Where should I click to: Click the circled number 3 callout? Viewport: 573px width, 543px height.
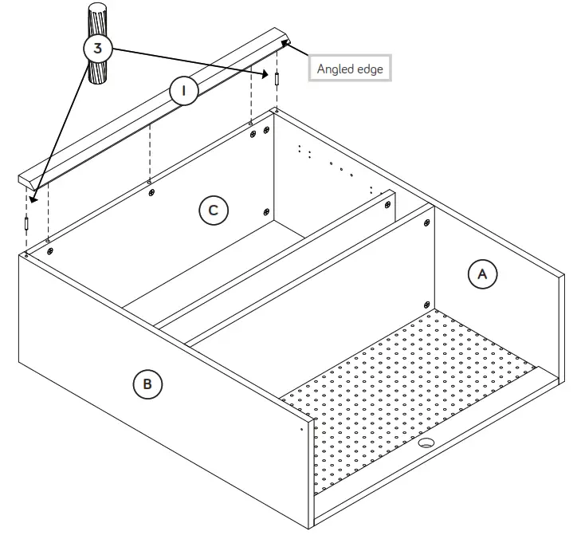98,49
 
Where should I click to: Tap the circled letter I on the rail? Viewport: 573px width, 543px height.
184,91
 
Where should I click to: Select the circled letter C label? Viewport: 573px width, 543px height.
213,211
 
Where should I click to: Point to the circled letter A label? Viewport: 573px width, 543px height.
481,274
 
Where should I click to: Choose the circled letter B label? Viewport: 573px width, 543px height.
147,385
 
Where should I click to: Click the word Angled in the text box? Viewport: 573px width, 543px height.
334,69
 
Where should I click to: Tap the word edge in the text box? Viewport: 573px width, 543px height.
369,69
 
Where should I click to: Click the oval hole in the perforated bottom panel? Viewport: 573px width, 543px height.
426,443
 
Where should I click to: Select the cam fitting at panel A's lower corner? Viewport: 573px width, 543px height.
427,304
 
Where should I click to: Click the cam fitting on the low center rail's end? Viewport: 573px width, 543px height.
387,205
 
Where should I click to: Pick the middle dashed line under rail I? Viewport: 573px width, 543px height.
150,151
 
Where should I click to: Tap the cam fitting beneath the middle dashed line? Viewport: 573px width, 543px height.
151,191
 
